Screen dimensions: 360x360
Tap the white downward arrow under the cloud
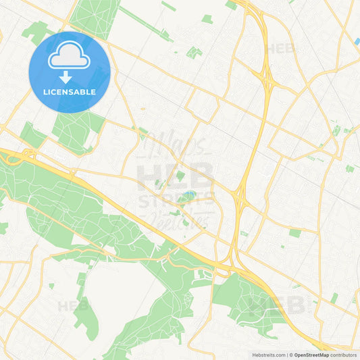pyautogui.click(x=70, y=78)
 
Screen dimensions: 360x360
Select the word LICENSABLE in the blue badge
pyautogui.click(x=70, y=92)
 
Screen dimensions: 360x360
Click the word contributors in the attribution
pyautogui.click(x=343, y=355)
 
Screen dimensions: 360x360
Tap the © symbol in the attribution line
pyautogui.click(x=290, y=355)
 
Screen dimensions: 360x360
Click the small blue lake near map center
pyautogui.click(x=187, y=197)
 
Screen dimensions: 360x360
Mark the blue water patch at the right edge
pyautogui.click(x=357, y=42)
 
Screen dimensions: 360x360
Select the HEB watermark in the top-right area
pyautogui.click(x=280, y=49)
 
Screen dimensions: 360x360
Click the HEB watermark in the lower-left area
pyautogui.click(x=73, y=305)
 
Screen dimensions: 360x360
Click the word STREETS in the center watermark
pyautogui.click(x=177, y=202)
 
